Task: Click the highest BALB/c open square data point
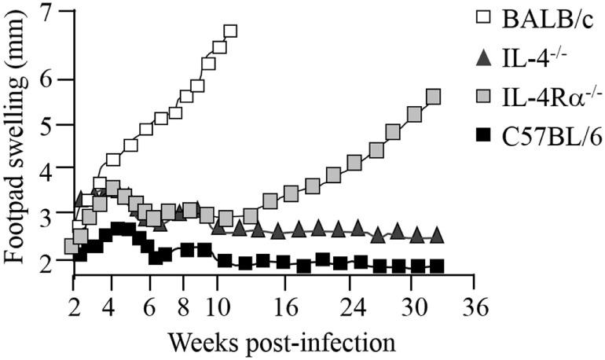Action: pyautogui.click(x=230, y=31)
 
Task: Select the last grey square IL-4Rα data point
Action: pyautogui.click(x=433, y=97)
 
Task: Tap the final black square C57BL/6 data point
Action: pyautogui.click(x=437, y=266)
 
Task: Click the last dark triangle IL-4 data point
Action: pyautogui.click(x=437, y=236)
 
